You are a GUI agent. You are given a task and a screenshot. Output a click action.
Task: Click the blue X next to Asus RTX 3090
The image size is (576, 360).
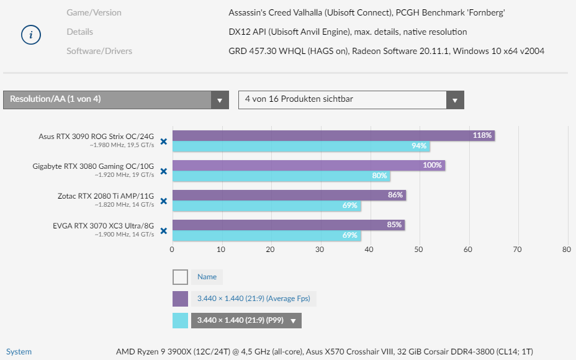[164, 142]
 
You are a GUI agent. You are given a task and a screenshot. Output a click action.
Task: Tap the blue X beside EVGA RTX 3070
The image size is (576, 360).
[164, 231]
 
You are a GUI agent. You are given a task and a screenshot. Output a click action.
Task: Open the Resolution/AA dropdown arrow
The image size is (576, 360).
[219, 100]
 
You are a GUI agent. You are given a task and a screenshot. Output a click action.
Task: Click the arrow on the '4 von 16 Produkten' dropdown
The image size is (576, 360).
[455, 100]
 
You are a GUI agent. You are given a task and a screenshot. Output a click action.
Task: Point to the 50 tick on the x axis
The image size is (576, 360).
[419, 250]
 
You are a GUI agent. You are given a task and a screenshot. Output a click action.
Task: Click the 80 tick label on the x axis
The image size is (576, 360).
[566, 250]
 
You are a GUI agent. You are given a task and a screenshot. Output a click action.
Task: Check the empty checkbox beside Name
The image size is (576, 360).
[180, 277]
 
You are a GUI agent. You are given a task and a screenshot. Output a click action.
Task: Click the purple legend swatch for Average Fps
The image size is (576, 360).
[180, 299]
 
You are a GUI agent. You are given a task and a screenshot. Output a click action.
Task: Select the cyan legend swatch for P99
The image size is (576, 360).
[180, 320]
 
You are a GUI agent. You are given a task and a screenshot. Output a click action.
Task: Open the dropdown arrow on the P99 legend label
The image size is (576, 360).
[293, 321]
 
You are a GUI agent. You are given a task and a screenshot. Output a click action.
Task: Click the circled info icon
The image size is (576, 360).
[30, 35]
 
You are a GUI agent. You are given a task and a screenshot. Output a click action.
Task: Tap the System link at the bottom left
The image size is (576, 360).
[19, 352]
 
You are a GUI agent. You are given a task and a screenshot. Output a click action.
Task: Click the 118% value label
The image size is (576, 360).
[482, 135]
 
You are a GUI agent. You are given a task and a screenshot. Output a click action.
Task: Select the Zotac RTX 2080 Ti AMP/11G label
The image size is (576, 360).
[106, 196]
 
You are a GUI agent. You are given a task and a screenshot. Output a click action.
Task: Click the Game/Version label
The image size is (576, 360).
[94, 12]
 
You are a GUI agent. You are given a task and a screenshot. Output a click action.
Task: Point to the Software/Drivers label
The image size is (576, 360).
[99, 51]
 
